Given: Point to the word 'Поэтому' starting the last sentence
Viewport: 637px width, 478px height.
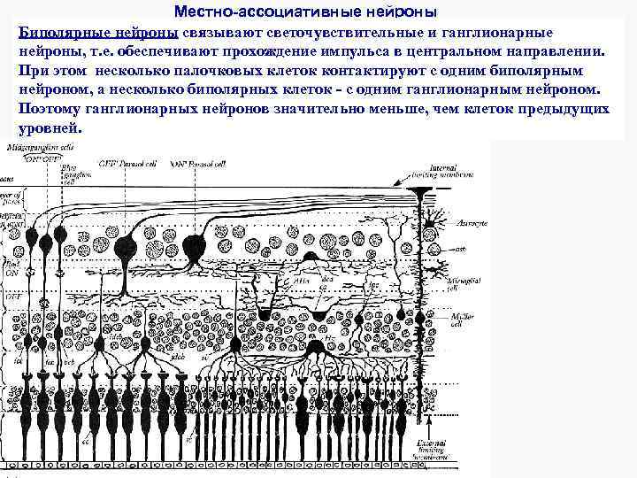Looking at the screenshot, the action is coord(51,109).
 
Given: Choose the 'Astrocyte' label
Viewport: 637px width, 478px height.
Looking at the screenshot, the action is coord(468,226).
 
